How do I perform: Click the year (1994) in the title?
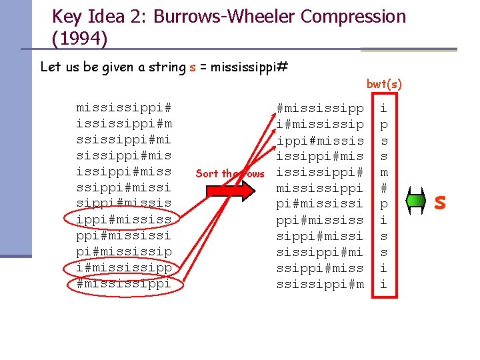coord(79,39)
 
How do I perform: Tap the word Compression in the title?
coord(353,17)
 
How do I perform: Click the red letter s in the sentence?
coord(192,67)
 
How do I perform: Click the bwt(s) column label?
coord(384,85)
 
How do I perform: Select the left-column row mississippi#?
coord(124,108)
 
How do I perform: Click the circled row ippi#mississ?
coord(124,219)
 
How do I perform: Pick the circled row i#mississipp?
coord(124,267)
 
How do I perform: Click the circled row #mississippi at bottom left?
coord(124,283)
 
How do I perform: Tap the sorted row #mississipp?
coord(320,108)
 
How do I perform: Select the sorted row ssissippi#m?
coord(320,284)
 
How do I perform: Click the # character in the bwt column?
coord(383,188)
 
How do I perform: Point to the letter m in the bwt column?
coord(383,172)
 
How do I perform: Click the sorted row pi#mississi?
coord(320,204)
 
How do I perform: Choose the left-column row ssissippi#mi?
coord(124,140)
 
